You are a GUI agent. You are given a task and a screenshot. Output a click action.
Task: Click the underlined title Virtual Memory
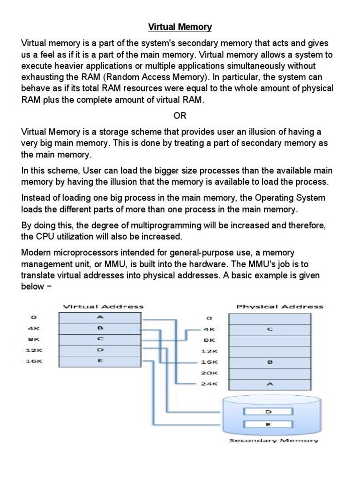[180, 27]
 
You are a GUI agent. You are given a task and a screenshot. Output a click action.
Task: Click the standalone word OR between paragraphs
[180, 115]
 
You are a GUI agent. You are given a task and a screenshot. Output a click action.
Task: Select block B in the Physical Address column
[269, 362]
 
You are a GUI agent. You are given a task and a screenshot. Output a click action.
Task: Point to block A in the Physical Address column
[269, 384]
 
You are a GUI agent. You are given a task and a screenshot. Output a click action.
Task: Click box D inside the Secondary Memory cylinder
[269, 412]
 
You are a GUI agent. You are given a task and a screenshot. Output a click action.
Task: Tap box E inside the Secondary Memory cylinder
[269, 425]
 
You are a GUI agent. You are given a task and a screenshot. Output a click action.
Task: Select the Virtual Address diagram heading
[103, 307]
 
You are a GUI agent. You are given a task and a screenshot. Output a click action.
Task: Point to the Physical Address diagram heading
[280, 307]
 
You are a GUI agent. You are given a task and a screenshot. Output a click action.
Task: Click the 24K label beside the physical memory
[209, 384]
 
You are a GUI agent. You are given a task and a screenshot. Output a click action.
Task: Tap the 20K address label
[209, 373]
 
